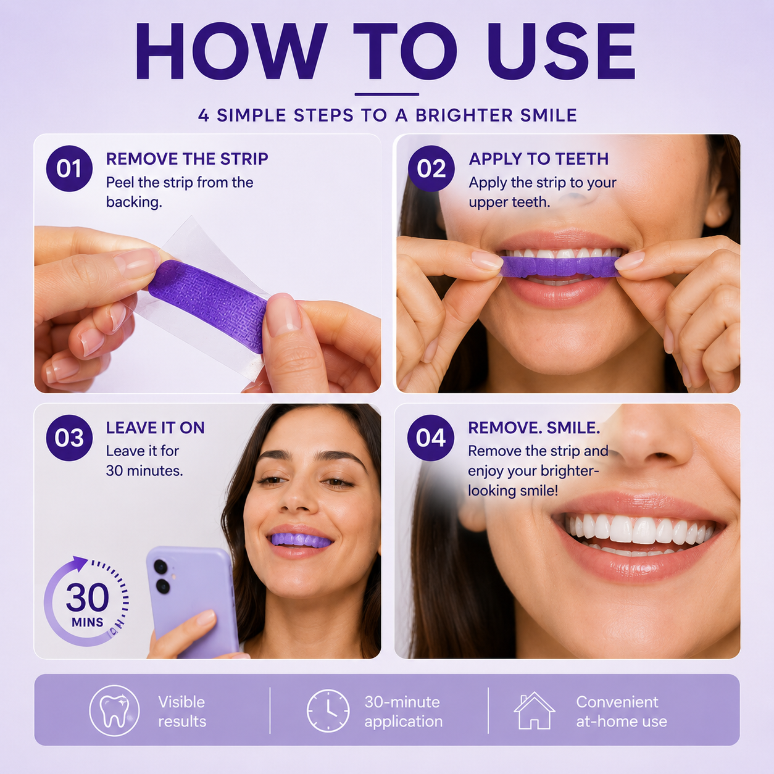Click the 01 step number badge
(69, 169)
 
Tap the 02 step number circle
(431, 169)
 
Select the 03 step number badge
(69, 438)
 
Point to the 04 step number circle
(431, 438)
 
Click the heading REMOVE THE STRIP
(187, 159)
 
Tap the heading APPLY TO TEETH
(539, 159)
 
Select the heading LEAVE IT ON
(156, 428)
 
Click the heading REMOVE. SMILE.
(535, 428)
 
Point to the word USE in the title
(562, 51)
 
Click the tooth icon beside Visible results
(114, 711)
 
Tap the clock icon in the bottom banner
(328, 711)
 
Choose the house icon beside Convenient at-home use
(535, 710)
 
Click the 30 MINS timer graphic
(86, 601)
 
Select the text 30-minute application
(403, 712)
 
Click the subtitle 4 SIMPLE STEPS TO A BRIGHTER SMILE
(387, 115)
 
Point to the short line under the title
(387, 95)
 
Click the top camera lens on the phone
(161, 567)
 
